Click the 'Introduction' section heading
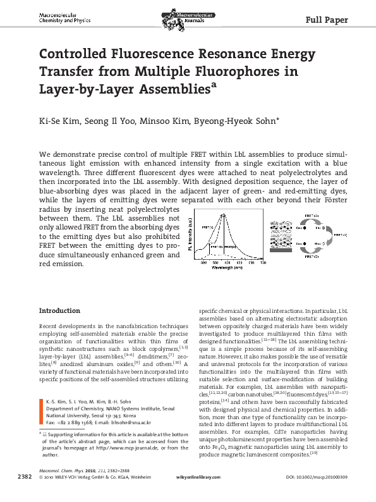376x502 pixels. pyautogui.click(x=59, y=311)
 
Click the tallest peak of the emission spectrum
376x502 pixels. pyautogui.click(x=224, y=217)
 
